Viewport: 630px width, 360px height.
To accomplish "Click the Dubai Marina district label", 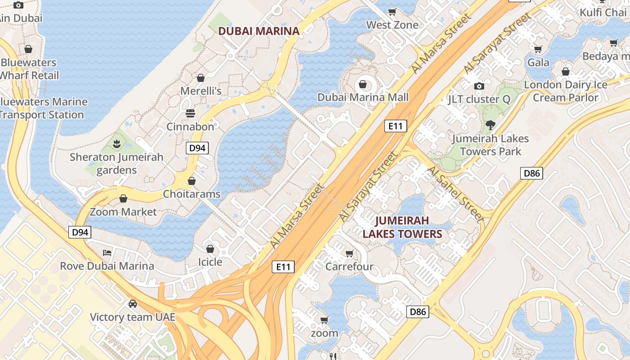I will [259, 31].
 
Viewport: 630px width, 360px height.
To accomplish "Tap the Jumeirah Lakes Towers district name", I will [402, 227].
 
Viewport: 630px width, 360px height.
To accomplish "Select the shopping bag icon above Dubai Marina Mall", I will [362, 84].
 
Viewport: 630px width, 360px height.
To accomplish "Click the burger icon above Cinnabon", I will [190, 113].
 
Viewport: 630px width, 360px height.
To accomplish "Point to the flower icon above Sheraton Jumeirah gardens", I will [117, 144].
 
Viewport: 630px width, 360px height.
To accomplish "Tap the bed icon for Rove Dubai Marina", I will [107, 252].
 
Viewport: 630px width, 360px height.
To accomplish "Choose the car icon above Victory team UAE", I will [132, 303].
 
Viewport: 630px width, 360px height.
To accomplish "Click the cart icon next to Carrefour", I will [349, 254].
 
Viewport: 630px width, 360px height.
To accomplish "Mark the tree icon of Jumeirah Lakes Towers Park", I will [490, 125].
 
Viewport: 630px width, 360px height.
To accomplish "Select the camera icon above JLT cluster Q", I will [479, 86].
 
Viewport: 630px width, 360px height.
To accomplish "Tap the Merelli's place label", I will [201, 91].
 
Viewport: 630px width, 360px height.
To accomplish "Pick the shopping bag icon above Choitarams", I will [192, 181].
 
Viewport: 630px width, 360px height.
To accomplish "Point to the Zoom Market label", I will [123, 211].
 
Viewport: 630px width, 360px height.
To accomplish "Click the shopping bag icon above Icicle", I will [210, 249].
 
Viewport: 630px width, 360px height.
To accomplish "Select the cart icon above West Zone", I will [392, 12].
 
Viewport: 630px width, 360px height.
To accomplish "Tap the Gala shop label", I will [538, 62].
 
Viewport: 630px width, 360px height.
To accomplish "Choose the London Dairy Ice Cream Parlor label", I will [566, 91].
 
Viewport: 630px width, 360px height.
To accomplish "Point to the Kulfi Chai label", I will [603, 12].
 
